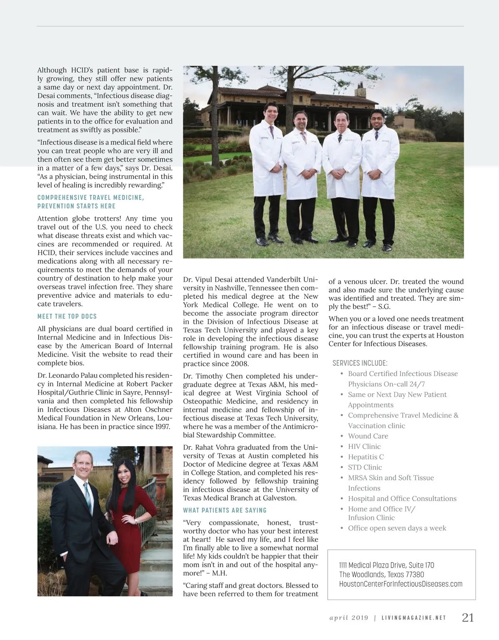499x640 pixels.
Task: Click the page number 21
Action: [468, 618]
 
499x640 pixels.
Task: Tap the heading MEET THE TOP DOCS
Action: [67, 317]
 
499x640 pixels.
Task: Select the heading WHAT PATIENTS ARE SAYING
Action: [225, 510]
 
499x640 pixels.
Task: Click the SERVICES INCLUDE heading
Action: [360, 363]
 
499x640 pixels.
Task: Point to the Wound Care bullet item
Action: [368, 436]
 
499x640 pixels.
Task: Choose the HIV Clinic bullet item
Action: [364, 447]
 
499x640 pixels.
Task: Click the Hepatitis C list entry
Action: [366, 457]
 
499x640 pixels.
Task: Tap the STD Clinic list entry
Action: [365, 467]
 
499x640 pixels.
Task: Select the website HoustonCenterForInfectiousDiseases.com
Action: [400, 584]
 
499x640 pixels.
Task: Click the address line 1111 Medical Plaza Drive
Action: [386, 565]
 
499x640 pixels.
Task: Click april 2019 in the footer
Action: [349, 618]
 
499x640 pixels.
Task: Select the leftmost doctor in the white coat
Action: [266, 166]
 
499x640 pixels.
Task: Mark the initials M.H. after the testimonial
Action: [219, 573]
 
